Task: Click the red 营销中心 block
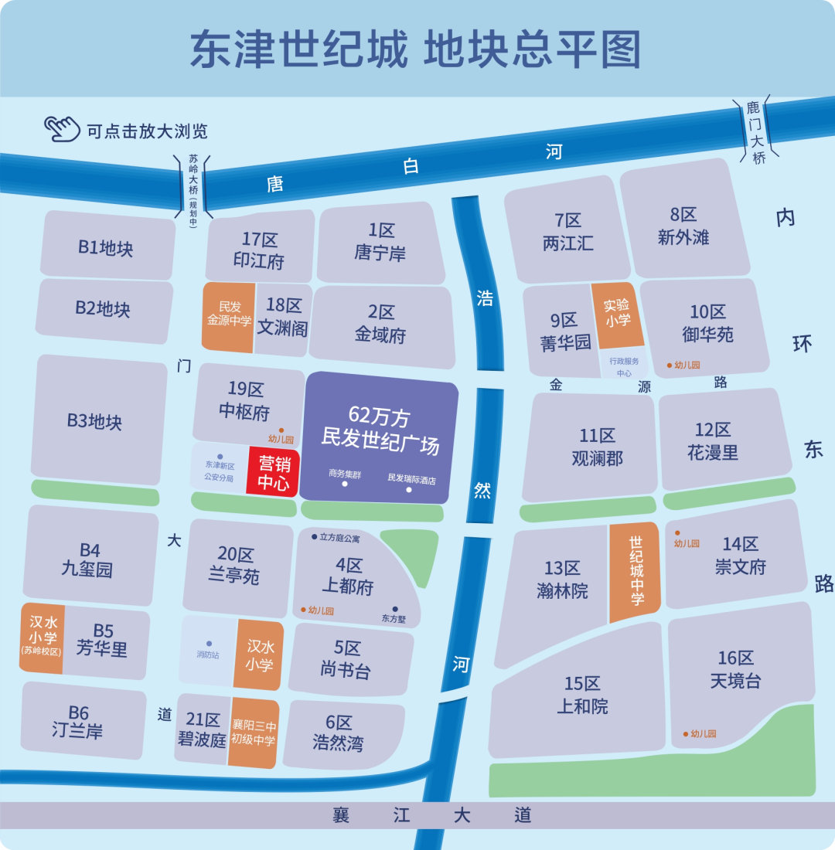272,473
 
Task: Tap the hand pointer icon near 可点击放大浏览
63,128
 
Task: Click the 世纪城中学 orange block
636,572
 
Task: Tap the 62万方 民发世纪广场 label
380,431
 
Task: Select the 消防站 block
208,651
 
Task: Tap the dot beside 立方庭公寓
314,536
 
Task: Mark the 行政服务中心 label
623,367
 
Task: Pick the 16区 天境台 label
735,669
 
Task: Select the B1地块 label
106,248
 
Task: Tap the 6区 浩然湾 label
339,733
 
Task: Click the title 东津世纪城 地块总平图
416,51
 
